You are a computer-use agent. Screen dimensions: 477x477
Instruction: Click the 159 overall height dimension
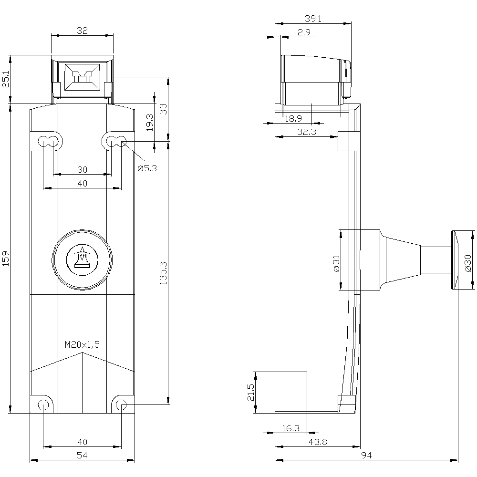(x=6, y=258)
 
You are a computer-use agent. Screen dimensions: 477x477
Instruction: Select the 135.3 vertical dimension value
(x=163, y=273)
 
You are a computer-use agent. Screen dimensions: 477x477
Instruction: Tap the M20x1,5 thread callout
(x=82, y=344)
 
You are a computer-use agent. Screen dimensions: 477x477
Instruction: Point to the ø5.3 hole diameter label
(x=147, y=168)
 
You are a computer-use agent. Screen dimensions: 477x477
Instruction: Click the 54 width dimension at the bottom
(x=82, y=455)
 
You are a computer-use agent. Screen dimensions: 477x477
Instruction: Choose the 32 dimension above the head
(x=82, y=31)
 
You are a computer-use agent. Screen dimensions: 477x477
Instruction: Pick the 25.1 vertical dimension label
(x=6, y=79)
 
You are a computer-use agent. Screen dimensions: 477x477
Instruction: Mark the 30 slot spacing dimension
(x=82, y=169)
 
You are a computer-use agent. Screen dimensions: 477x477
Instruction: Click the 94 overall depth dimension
(x=366, y=455)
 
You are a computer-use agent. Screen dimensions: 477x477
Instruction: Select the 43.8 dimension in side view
(x=318, y=442)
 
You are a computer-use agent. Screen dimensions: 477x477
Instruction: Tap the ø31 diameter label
(x=336, y=264)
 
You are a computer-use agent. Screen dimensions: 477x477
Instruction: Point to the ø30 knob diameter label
(x=468, y=263)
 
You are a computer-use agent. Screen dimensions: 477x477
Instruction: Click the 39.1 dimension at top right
(x=313, y=19)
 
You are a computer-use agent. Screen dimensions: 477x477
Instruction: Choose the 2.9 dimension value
(x=304, y=32)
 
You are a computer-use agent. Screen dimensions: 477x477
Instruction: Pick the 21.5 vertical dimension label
(x=251, y=393)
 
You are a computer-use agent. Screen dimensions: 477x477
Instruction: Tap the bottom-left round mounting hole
(x=43, y=404)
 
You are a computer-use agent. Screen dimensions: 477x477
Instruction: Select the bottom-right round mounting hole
(x=121, y=404)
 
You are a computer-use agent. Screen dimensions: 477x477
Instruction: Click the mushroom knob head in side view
(x=455, y=260)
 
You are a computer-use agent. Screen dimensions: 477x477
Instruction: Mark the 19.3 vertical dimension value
(x=150, y=122)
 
